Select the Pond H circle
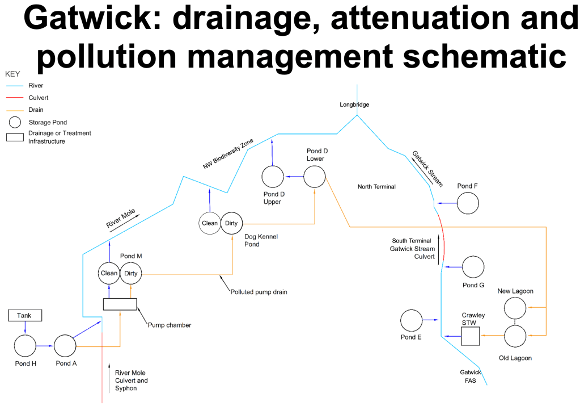pos(25,345)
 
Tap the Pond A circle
pos(65,345)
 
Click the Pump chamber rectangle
pos(120,304)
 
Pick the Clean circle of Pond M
pos(109,273)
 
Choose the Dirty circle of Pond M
pos(130,273)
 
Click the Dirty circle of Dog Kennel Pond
pos(231,223)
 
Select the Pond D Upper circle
pos(272,177)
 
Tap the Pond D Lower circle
pos(315,177)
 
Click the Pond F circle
pos(468,203)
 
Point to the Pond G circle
pos(473,266)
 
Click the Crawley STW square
pos(470,336)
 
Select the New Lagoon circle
pos(515,307)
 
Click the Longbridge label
pos(354,105)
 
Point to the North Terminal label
pos(376,186)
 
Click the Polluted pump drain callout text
pos(259,292)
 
